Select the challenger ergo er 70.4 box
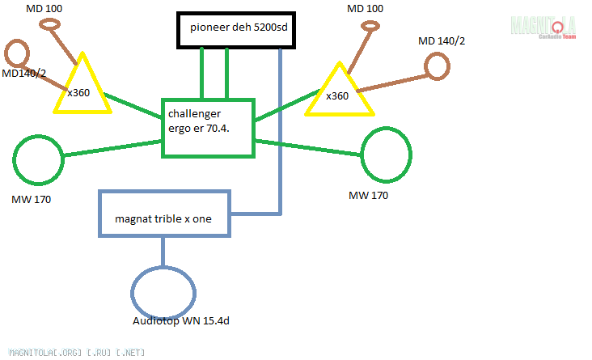pos(209,129)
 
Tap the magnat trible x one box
pos(166,214)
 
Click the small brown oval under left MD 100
pos(51,25)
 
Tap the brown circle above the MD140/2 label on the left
pos(15,54)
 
